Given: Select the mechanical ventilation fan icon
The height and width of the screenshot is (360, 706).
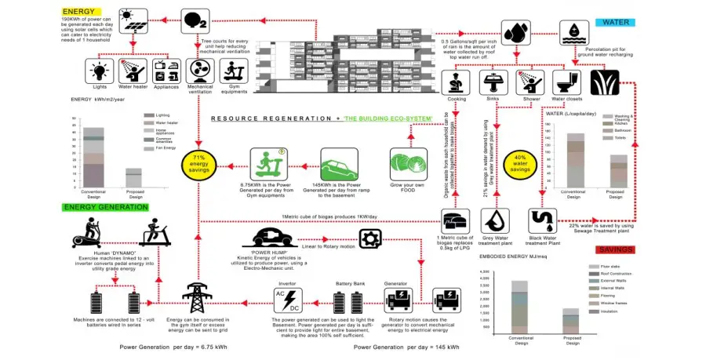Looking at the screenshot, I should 200,71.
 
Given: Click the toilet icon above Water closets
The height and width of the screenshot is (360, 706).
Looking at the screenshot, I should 566,81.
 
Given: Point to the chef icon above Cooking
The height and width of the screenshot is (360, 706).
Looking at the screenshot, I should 457,81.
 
